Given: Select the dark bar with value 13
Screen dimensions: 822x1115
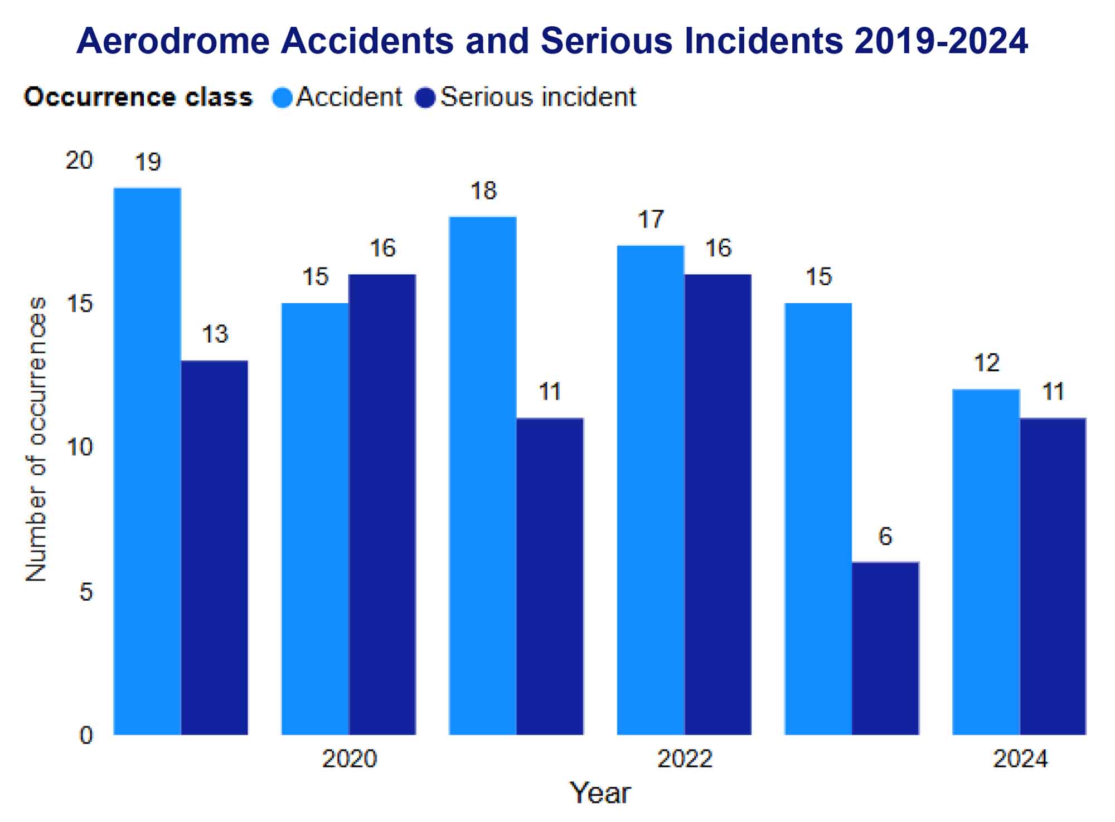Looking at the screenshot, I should tap(215, 547).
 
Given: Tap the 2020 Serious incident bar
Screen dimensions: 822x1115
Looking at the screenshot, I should tap(382, 504).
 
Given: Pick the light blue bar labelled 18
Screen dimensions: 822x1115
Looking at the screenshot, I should tap(483, 475).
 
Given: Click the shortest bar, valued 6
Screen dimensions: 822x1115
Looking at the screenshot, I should tap(885, 648).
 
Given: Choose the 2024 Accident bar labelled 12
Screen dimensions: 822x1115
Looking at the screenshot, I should tap(986, 562).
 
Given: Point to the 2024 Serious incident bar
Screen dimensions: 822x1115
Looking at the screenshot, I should tap(1053, 576).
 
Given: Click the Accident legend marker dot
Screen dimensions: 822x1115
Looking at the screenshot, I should tap(282, 98).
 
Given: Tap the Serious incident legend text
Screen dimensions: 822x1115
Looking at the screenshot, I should tap(538, 97).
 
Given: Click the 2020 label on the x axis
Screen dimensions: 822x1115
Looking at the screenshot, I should tap(350, 759).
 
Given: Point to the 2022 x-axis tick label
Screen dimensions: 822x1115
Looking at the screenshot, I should tap(685, 759).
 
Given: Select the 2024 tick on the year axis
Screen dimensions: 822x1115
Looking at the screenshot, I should tap(1020, 759).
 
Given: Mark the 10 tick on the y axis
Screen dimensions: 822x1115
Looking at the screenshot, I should tap(79, 447).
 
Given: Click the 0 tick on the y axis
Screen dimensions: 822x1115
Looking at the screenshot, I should tap(86, 735).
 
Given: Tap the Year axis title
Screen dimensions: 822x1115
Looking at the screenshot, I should tap(600, 793).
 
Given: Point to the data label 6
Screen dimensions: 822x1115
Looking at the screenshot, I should tap(885, 536).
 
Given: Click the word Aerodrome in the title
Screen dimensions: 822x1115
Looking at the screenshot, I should tap(173, 41).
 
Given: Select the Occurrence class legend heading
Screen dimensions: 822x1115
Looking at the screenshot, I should tap(138, 97).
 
